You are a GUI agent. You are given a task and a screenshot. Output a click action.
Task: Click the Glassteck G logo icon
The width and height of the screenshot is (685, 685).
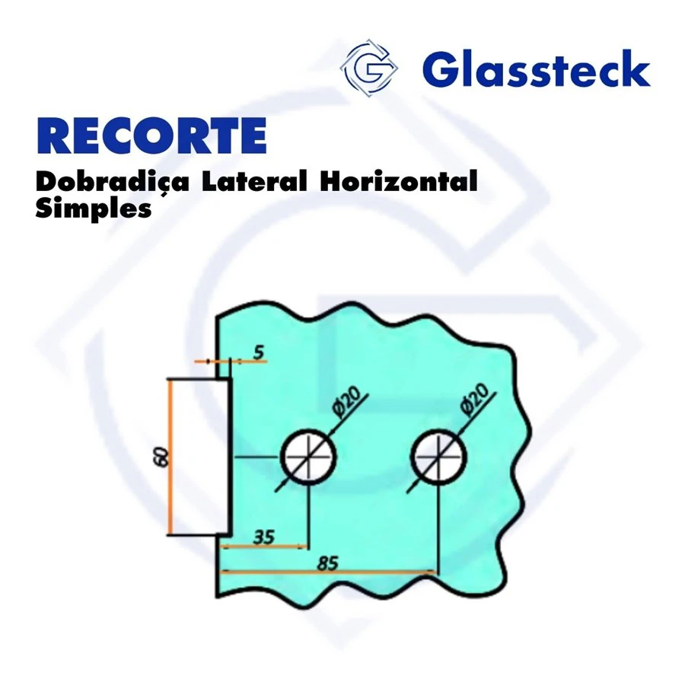369,68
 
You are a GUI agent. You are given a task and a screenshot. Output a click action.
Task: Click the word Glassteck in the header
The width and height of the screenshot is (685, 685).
537,68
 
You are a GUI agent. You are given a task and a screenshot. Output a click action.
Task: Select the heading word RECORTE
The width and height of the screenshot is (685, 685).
151,135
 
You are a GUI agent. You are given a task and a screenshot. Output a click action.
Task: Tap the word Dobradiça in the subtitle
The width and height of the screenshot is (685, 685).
113,182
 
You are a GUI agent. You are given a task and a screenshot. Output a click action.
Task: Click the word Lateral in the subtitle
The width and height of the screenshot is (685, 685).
254,181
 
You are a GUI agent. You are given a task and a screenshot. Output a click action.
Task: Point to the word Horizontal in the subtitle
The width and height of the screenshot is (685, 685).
398,181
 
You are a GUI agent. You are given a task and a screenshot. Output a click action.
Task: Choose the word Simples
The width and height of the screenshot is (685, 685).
94,209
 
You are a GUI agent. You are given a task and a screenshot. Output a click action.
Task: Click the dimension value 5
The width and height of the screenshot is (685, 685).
259,352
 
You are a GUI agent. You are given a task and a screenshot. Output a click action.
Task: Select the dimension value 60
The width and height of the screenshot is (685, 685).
161,457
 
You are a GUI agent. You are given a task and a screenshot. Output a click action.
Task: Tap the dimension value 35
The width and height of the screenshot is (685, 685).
264,537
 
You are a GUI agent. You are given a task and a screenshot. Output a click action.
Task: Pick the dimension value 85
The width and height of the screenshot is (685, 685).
327,562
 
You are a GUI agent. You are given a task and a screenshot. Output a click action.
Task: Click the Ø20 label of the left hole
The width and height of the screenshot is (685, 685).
346,400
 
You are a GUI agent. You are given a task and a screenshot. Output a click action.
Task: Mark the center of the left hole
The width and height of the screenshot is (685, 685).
309,457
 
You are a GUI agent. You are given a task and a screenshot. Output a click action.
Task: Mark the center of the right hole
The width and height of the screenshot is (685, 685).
438,457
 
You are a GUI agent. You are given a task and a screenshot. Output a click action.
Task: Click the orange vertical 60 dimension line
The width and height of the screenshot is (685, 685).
170,457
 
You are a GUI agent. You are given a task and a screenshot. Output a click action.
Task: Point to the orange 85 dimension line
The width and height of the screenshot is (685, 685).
328,572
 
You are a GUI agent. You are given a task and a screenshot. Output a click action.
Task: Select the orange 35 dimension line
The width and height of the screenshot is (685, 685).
264,546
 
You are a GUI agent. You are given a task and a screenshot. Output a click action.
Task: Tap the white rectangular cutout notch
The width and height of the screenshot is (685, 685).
199,457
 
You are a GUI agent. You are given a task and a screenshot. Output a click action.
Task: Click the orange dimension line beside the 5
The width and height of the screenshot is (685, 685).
231,362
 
